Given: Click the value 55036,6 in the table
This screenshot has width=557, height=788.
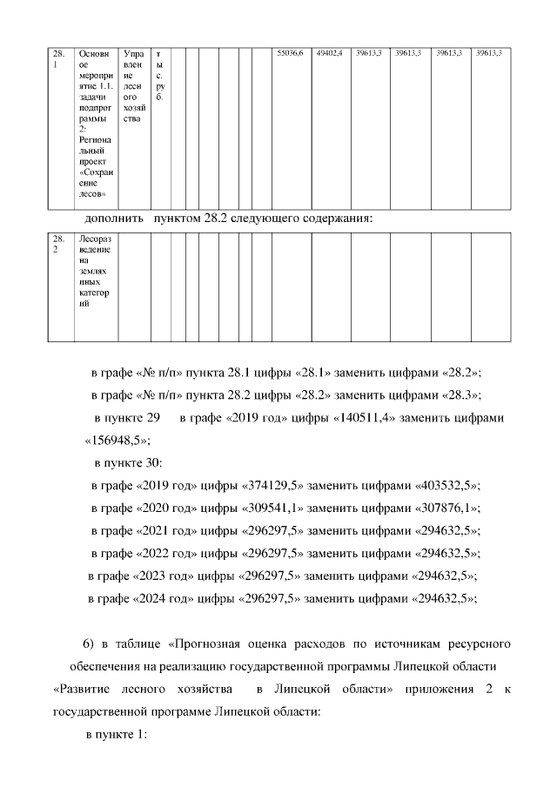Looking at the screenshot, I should pyautogui.click(x=289, y=54).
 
